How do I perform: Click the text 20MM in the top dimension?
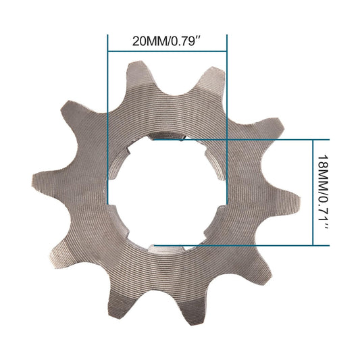tap(147, 41)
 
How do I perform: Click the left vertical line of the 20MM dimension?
tap(108, 122)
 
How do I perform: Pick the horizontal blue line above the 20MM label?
tap(168, 52)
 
